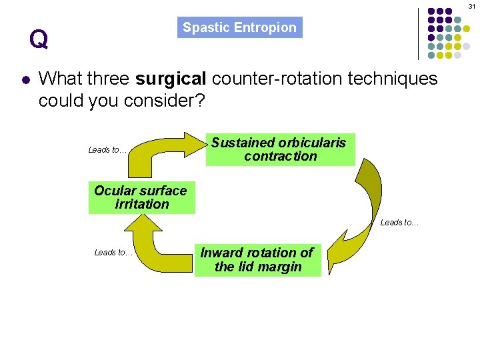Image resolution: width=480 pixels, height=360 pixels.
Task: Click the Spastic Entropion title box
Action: [x=240, y=27]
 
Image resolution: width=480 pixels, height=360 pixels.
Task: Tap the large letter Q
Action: [x=39, y=40]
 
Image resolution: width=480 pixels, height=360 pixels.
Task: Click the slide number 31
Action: [x=472, y=5]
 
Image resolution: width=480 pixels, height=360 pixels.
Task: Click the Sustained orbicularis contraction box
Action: [x=280, y=149]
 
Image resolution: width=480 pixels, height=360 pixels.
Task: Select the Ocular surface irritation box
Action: [x=141, y=197]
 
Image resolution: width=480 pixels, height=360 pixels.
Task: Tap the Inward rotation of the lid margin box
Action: [x=257, y=260]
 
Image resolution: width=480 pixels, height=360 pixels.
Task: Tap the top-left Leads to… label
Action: [x=107, y=150]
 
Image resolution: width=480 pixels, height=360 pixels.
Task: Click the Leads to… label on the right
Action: [x=399, y=223]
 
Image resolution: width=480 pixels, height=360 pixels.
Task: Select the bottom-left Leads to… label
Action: [x=113, y=253]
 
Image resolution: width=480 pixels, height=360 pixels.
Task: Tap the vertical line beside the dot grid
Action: [x=418, y=33]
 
